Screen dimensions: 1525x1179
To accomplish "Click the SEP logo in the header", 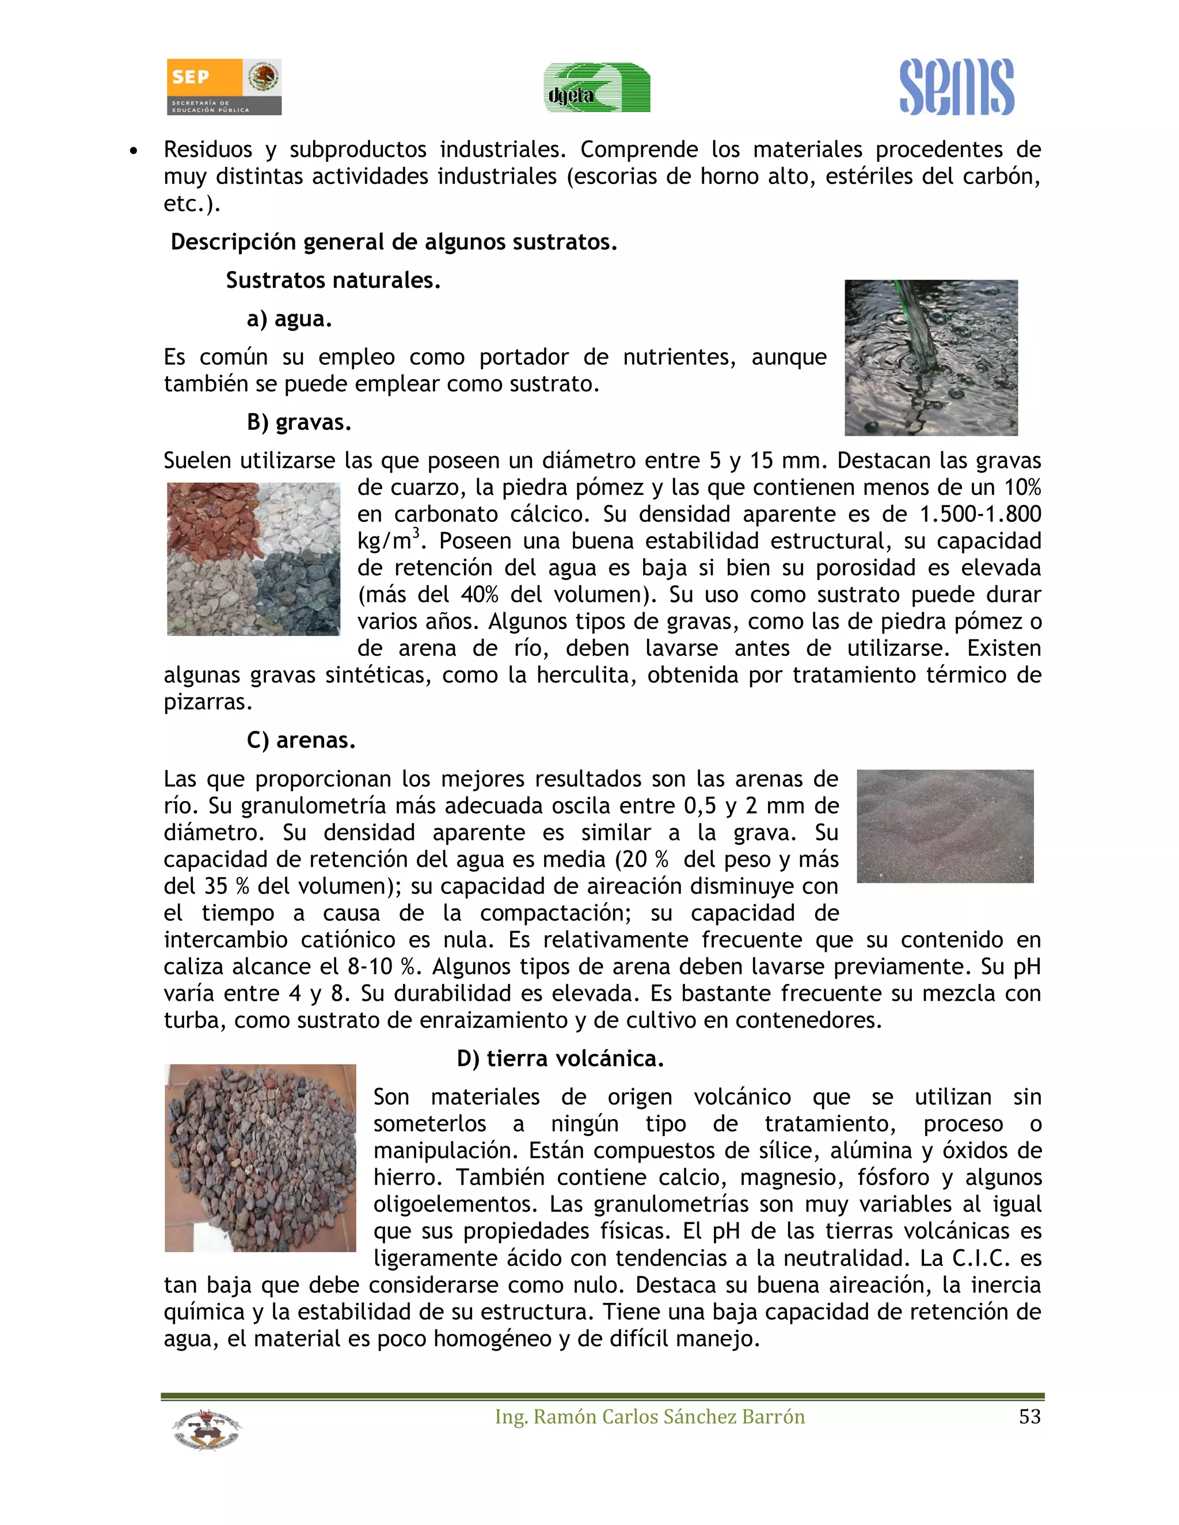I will pos(223,86).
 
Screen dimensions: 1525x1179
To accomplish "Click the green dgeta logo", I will pos(597,88).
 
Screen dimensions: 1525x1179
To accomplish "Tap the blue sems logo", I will pos(956,87).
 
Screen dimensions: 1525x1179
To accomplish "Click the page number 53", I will pos(1029,1417).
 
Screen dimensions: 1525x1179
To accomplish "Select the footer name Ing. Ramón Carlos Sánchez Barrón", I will pos(649,1417).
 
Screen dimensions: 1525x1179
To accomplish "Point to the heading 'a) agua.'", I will pos(289,319).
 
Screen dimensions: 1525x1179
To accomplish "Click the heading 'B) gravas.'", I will pos(299,422).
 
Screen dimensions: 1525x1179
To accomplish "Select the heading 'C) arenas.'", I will pos(301,740).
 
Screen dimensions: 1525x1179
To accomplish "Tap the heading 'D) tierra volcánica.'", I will pos(560,1058).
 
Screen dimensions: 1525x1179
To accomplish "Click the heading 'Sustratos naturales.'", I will pos(333,281).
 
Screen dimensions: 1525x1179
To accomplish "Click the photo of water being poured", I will pos(930,357).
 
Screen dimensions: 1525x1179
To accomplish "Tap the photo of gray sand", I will pos(944,826).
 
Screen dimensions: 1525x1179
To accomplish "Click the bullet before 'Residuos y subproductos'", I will pos(134,151).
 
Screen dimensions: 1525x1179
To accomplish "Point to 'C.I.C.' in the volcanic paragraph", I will pos(982,1258).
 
